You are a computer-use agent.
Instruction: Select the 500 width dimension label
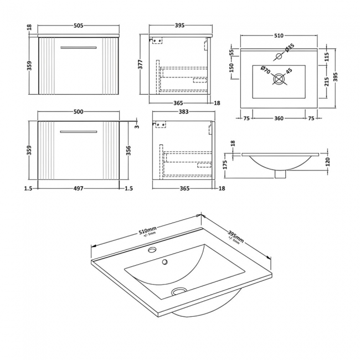(x=78, y=112)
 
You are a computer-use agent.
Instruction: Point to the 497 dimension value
(x=78, y=189)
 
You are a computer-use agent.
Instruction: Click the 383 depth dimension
(x=184, y=112)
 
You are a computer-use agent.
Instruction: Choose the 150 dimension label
(x=234, y=68)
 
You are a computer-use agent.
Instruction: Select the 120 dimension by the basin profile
(x=327, y=162)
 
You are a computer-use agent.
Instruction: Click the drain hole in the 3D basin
(x=178, y=291)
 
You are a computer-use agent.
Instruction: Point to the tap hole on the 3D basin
(x=151, y=250)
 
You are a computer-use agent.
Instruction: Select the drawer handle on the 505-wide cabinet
(x=78, y=48)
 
